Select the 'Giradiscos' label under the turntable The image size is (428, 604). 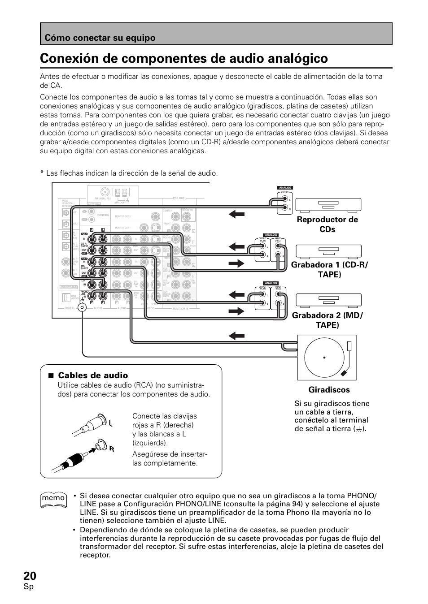coord(323,390)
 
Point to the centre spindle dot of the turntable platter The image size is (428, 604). coord(323,358)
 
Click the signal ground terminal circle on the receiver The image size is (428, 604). coord(82,307)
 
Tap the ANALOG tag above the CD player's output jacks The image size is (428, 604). coord(285,188)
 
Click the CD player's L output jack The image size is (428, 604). coord(284,199)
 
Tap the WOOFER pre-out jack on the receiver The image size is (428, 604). coord(187,218)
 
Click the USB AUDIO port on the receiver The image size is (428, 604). coord(64,298)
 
